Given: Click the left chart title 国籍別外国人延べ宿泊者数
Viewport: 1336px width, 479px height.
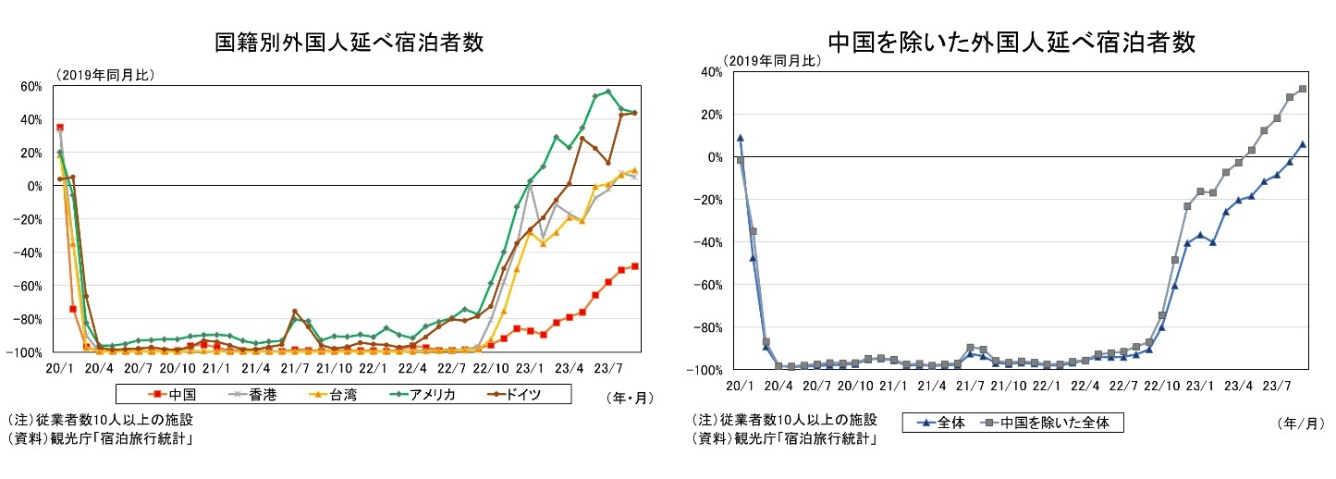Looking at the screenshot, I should click(x=349, y=43).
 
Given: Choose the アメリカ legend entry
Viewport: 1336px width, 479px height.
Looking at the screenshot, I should click(x=425, y=394).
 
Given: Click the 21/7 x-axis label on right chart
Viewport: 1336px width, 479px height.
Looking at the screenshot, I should click(x=971, y=385).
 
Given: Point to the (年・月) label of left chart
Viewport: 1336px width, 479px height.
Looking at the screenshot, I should click(x=630, y=399).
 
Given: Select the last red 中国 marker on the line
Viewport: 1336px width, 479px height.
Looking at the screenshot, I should click(x=634, y=266).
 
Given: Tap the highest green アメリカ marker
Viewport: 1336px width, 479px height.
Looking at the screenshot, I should click(x=607, y=92).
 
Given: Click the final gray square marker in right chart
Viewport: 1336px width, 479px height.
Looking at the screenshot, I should click(x=1302, y=89).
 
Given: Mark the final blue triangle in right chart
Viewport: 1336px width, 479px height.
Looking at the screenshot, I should click(x=1302, y=144).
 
